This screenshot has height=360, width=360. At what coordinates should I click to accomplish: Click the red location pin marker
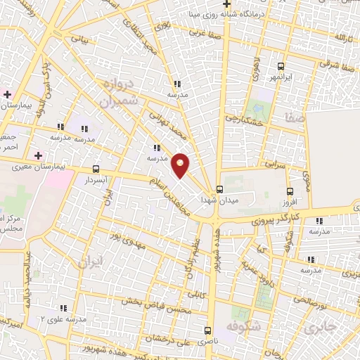coord(181,165)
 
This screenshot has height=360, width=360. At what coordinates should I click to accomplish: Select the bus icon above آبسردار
coord(96,169)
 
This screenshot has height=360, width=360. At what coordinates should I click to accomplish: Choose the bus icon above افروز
coord(290,191)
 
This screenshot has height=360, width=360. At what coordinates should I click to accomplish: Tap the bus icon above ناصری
coord(208,330)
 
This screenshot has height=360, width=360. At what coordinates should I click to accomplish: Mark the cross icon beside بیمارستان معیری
coord(38,155)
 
